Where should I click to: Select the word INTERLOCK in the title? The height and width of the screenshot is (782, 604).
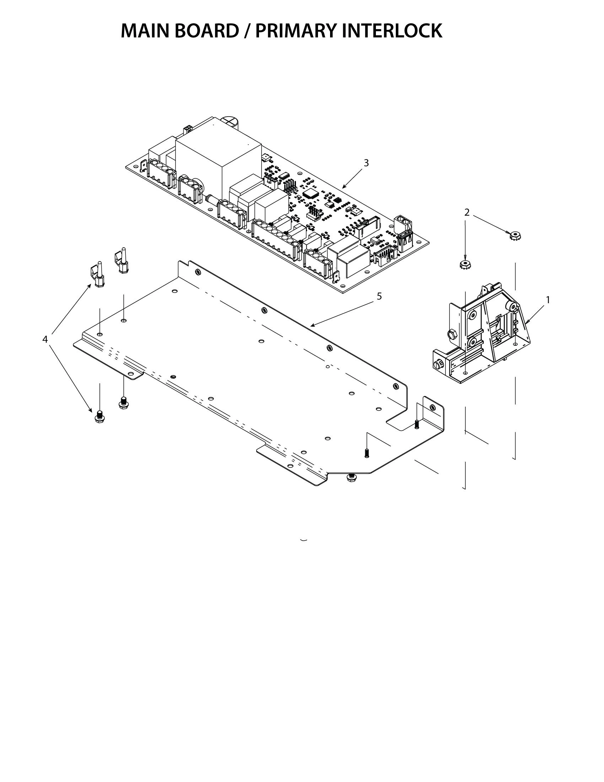point(392,31)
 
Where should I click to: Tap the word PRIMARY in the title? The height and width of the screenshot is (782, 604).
point(297,31)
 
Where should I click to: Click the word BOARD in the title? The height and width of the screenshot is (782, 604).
point(207,31)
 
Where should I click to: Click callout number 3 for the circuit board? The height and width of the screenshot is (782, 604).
point(366,163)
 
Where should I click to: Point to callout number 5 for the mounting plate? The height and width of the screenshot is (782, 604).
point(379,296)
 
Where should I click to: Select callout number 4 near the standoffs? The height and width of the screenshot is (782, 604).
point(45,339)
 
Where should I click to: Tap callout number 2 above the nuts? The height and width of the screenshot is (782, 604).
point(467,212)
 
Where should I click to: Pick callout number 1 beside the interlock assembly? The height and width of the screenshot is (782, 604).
point(548,300)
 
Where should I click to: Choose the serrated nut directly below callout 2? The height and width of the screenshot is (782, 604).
point(465,264)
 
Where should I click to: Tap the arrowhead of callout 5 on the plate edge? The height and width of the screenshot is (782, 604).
point(311,326)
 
